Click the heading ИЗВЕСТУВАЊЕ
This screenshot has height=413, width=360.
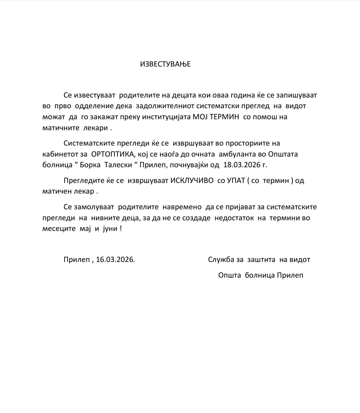click(165, 64)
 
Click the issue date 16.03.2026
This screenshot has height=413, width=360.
click(115, 260)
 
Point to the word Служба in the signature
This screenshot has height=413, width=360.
click(221, 260)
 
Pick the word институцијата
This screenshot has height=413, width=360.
click(163, 117)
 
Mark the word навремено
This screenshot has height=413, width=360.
click(182, 207)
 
